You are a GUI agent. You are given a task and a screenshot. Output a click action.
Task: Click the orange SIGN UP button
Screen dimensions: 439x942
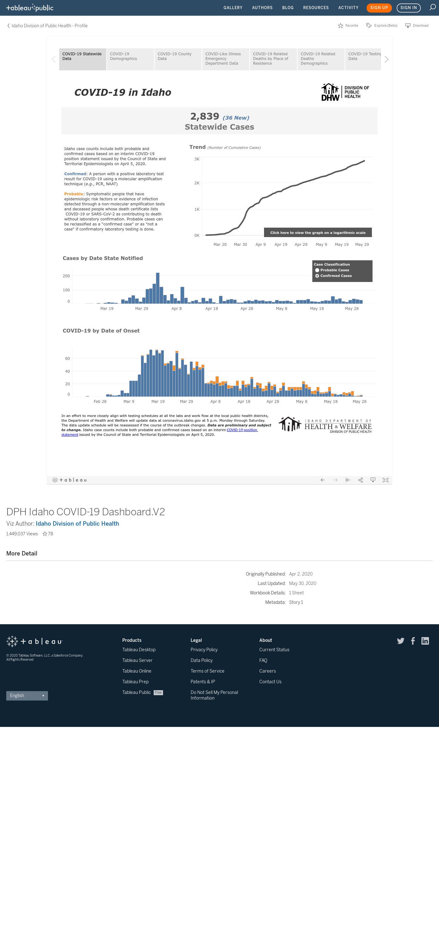point(379,8)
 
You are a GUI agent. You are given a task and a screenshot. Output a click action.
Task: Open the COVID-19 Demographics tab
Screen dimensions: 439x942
point(130,59)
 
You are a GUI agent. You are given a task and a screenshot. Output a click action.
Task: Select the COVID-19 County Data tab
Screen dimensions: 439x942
point(178,59)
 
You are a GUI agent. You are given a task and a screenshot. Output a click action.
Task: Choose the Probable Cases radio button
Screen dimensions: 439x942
point(317,270)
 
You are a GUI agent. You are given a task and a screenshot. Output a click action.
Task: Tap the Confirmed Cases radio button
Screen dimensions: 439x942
point(317,276)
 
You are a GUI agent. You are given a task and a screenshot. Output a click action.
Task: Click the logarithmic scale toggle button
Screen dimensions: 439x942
point(318,233)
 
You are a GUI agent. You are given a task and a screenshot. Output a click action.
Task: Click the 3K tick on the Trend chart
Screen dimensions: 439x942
point(197,159)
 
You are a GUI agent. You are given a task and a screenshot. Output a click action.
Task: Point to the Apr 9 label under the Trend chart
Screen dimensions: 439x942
point(260,245)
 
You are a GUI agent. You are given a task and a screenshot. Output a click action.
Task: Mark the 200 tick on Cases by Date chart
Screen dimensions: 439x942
point(66,276)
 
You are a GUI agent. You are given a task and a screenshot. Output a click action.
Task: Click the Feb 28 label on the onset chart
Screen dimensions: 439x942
point(100,402)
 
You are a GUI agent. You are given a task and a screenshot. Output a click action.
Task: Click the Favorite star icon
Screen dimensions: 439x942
point(341,26)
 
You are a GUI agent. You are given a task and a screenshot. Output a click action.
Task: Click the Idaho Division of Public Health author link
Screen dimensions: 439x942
point(77,523)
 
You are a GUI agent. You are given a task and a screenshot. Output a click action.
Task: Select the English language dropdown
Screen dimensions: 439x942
point(27,696)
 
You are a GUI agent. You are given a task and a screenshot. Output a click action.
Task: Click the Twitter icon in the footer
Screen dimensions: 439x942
point(401,641)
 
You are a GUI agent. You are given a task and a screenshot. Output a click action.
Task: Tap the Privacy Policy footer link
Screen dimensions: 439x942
point(204,649)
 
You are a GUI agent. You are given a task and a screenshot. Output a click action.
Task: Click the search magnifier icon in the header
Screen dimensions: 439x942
point(432,7)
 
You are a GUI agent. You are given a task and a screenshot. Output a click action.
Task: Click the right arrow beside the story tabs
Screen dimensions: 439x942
point(386,59)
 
